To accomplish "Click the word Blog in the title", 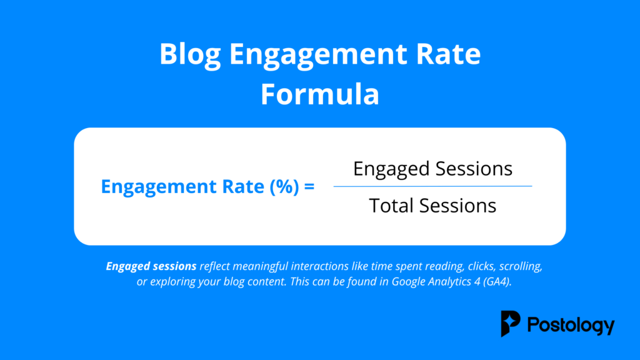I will click(190, 56).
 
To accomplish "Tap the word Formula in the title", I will click(319, 95).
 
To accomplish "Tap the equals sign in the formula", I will click(308, 187).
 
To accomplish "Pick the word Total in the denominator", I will click(392, 205).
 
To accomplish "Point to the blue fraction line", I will click(432, 186).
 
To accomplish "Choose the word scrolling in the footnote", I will click(516, 266).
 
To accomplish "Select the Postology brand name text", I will click(571, 325).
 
